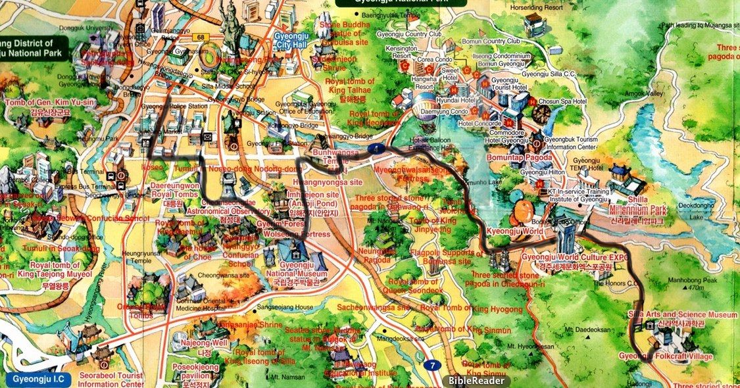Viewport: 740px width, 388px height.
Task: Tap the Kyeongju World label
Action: coord(515,233)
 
